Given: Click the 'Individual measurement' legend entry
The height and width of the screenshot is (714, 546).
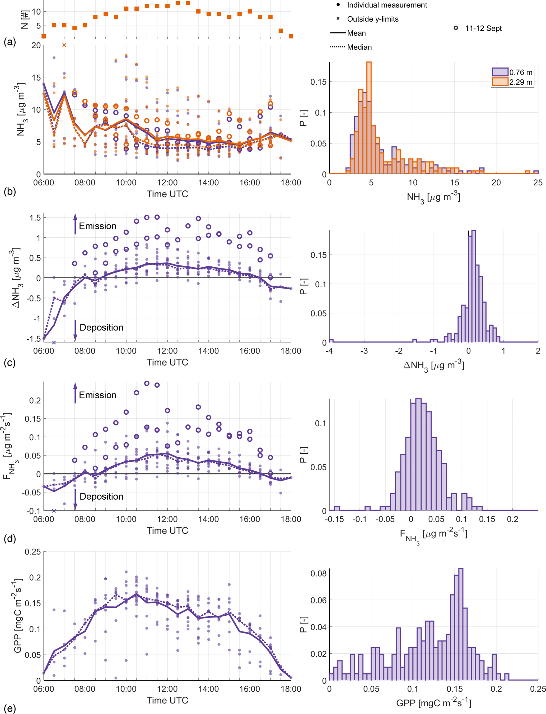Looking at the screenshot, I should (x=387, y=5).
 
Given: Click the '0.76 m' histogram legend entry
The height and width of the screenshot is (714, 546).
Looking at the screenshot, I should (x=520, y=72).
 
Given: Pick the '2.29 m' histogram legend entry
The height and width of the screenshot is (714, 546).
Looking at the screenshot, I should (x=520, y=82).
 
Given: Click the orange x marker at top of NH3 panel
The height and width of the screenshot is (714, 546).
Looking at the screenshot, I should (x=64, y=45).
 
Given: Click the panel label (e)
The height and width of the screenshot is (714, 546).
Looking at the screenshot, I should (x=10, y=708).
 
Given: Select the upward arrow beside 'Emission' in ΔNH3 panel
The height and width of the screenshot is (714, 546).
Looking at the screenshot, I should (x=75, y=224).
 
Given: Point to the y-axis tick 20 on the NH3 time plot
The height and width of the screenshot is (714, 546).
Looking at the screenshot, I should (x=36, y=45).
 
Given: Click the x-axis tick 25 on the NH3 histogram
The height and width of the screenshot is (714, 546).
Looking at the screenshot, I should (x=538, y=183).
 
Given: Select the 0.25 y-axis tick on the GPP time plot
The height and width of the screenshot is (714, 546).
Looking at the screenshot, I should (x=33, y=552).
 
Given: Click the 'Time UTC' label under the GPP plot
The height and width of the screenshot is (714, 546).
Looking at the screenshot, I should (x=167, y=700).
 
